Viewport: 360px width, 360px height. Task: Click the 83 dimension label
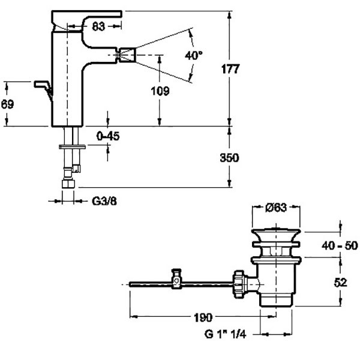(98, 26)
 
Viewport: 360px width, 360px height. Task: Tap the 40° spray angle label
(194, 55)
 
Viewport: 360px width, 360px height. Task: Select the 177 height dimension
(230, 69)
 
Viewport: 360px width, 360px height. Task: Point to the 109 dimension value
(160, 91)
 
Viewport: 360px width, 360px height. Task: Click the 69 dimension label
(7, 104)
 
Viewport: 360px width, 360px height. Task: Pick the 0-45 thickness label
(108, 136)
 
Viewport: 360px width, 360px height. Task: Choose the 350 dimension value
(229, 158)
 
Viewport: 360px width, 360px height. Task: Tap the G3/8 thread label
(104, 202)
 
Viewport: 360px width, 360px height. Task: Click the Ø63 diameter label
(276, 208)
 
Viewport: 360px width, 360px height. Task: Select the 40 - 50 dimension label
(340, 245)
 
